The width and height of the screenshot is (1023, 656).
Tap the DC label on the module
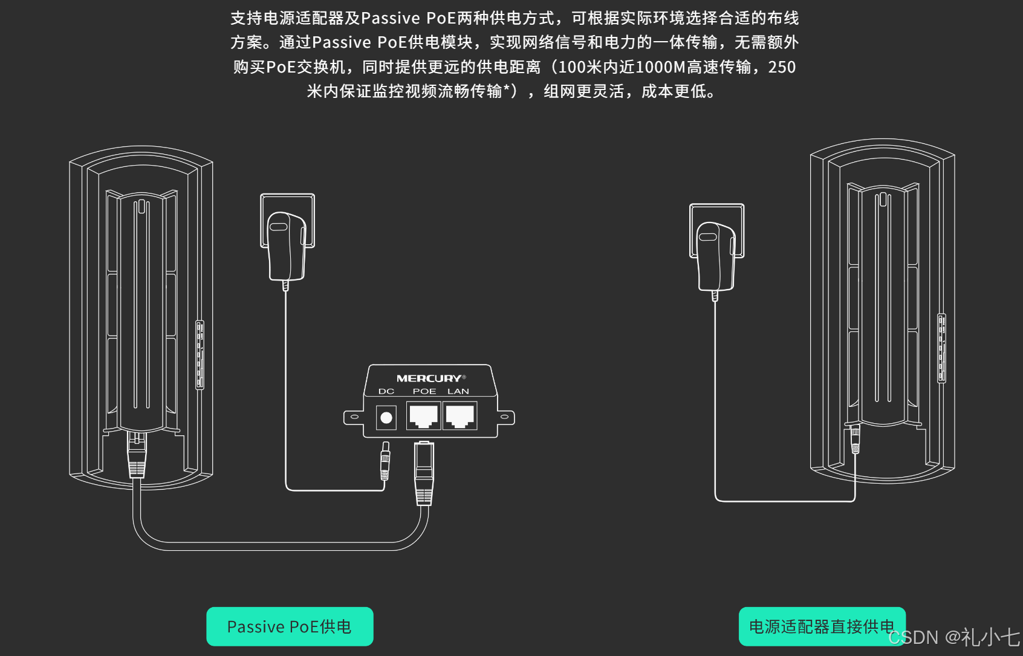coord(386,392)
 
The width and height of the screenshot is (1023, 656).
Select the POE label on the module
coord(424,392)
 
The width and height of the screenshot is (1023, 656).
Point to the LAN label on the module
coord(458,392)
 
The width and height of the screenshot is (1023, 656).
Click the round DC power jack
coord(386,417)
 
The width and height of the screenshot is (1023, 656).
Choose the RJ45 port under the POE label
coord(423,416)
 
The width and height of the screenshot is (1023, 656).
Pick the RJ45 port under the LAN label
coord(460,416)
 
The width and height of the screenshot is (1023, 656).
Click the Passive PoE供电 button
coord(290,626)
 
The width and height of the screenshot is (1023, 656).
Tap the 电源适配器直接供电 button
coord(822,626)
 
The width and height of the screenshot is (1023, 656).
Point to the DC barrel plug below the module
coord(385,462)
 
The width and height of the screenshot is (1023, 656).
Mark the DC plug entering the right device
coord(855,440)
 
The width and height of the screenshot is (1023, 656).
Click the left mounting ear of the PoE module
coord(354,417)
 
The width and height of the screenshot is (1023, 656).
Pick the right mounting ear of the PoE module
coord(505,417)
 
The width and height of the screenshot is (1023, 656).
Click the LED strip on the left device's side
coord(200,355)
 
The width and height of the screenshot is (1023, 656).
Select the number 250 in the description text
coord(782,67)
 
